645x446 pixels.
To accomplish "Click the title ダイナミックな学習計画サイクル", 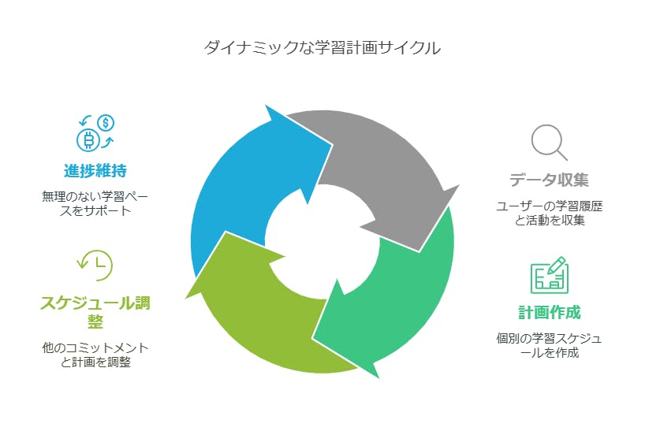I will pyautogui.click(x=322, y=48).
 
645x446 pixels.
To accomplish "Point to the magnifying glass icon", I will pyautogui.click(x=548, y=143).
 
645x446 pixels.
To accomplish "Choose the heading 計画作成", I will pyautogui.click(x=549, y=312).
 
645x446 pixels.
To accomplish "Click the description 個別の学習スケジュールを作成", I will pyautogui.click(x=549, y=345).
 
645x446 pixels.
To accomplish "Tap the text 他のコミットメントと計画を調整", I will pyautogui.click(x=95, y=355).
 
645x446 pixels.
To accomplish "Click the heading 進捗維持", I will pyautogui.click(x=95, y=170).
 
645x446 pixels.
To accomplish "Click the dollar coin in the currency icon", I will pyautogui.click(x=106, y=123).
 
